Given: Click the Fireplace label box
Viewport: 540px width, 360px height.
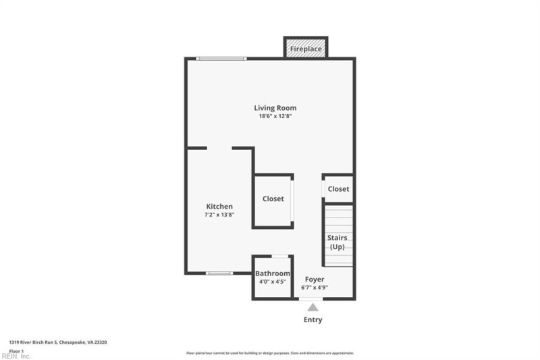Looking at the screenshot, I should pyautogui.click(x=306, y=49).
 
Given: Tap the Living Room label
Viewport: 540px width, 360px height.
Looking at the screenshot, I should pyautogui.click(x=275, y=108).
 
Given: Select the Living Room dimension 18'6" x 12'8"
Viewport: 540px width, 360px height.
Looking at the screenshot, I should pyautogui.click(x=275, y=116).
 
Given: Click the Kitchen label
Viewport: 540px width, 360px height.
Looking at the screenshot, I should pyautogui.click(x=219, y=207).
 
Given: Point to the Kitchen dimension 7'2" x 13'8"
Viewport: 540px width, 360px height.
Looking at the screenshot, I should pyautogui.click(x=219, y=215).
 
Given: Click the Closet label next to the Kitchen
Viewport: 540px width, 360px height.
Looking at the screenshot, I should pyautogui.click(x=273, y=199).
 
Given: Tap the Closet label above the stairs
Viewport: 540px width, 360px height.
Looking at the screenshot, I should pyautogui.click(x=338, y=189).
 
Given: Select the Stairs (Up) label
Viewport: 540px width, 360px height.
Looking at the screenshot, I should pyautogui.click(x=337, y=242).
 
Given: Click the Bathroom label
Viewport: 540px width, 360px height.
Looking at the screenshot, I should pyautogui.click(x=272, y=274).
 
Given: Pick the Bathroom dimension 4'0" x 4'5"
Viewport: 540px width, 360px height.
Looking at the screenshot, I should pyautogui.click(x=272, y=282).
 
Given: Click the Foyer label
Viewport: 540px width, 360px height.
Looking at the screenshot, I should pyautogui.click(x=315, y=279).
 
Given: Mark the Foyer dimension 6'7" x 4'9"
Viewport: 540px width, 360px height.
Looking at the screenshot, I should pyautogui.click(x=315, y=287).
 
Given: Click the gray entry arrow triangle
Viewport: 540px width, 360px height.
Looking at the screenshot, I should pyautogui.click(x=313, y=307).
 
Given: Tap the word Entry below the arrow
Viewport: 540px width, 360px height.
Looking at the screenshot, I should pyautogui.click(x=313, y=319).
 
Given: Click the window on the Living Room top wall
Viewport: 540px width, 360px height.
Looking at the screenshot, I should pyautogui.click(x=221, y=59).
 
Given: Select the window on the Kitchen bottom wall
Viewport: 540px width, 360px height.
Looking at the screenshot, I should pyautogui.click(x=219, y=273).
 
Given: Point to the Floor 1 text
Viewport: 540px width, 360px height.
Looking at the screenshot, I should pyautogui.click(x=16, y=351).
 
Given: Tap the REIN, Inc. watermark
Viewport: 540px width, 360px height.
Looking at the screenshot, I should pyautogui.click(x=16, y=357).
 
